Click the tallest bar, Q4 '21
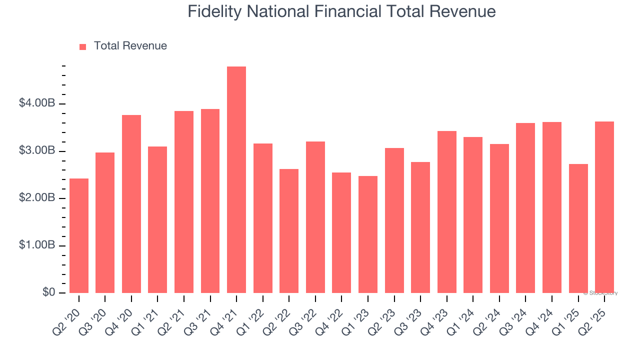point(236,180)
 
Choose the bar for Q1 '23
point(368,234)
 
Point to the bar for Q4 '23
point(446,212)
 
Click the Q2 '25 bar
point(604,207)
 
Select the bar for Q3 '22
point(315,217)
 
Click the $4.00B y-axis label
point(37,103)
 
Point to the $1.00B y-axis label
point(37,245)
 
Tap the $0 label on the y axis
point(48,292)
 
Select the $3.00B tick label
point(37,151)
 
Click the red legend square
point(83,46)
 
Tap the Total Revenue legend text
point(130,46)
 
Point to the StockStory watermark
point(600,293)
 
